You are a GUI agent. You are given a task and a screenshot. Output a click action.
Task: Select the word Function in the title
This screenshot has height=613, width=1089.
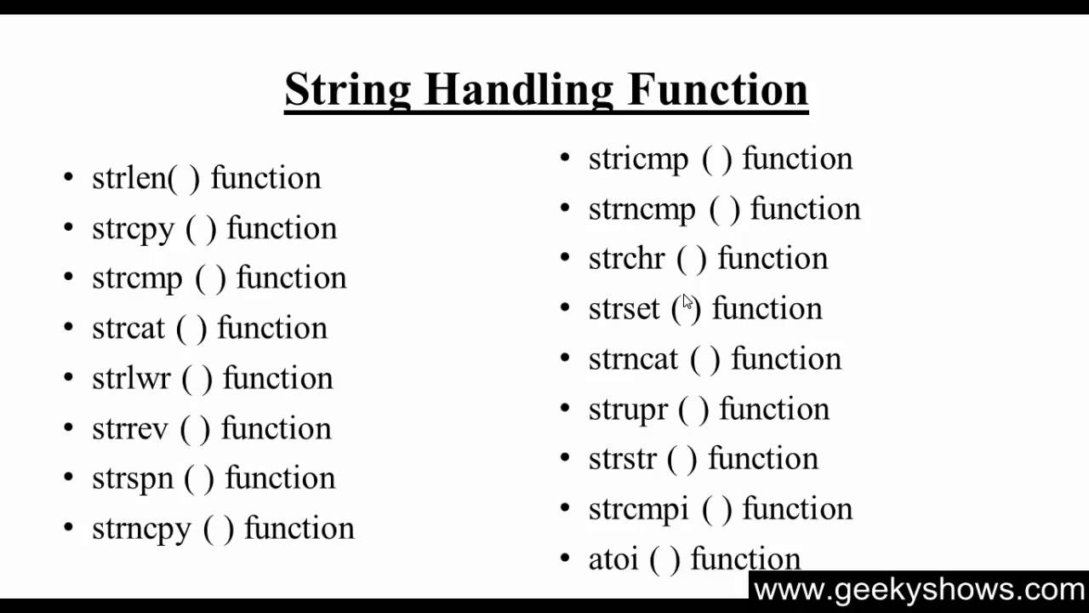718,89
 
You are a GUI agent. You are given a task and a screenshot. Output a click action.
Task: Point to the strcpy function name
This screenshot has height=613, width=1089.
133,229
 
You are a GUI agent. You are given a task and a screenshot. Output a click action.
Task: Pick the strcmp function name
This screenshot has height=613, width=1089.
137,278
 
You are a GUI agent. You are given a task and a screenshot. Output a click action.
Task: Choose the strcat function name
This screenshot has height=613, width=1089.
128,329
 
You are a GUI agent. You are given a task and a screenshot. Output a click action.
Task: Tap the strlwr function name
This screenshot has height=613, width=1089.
131,379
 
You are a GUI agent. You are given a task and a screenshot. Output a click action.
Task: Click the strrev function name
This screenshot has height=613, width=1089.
130,428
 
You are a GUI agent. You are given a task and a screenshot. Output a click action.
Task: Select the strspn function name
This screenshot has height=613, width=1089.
132,478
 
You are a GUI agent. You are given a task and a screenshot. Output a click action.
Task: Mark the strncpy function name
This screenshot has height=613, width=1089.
141,529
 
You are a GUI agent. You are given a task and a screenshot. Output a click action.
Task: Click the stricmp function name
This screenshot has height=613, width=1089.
638,159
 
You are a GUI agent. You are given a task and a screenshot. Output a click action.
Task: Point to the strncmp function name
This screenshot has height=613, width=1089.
641,209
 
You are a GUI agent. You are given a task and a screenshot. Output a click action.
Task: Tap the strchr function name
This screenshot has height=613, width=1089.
626,259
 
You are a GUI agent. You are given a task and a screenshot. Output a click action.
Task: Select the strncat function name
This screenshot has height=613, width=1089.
633,359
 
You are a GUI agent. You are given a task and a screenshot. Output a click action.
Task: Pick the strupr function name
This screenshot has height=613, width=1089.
628,410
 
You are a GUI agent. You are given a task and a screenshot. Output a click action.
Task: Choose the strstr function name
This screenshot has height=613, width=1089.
622,459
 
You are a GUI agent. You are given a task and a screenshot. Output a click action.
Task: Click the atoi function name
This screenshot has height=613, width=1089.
613,559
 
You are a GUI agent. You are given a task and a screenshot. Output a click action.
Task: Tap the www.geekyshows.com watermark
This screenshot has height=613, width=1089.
919,589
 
